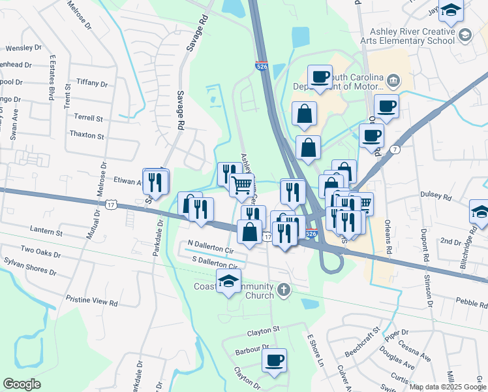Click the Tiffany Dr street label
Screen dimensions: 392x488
(91, 84)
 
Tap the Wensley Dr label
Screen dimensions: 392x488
(23, 48)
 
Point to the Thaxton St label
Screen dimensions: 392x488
(87, 136)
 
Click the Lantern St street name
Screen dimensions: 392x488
(46, 232)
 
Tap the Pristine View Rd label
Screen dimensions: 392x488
(91, 303)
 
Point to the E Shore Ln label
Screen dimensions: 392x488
(315, 350)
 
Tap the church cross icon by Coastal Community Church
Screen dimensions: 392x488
(283, 289)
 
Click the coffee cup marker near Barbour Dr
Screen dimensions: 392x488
(274, 360)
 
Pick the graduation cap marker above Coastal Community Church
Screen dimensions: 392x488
(228, 282)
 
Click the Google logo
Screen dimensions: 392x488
(22, 384)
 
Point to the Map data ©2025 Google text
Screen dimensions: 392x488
(448, 387)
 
